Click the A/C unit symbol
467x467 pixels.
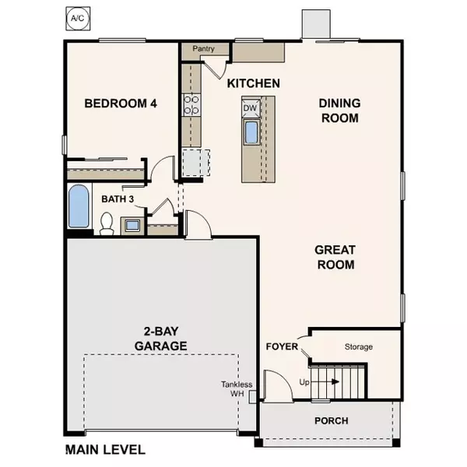[x=75, y=16]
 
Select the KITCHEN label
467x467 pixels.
[x=254, y=83]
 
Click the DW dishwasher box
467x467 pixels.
[x=251, y=108]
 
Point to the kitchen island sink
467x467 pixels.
[x=251, y=132]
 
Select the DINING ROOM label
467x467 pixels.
[x=339, y=110]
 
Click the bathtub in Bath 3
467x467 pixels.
[x=79, y=206]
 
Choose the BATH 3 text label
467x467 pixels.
[x=118, y=199]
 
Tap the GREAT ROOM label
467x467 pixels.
[x=335, y=258]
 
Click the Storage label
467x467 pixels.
[x=358, y=346]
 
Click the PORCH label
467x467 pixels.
[x=331, y=421]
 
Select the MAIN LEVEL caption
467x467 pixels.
[x=105, y=449]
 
